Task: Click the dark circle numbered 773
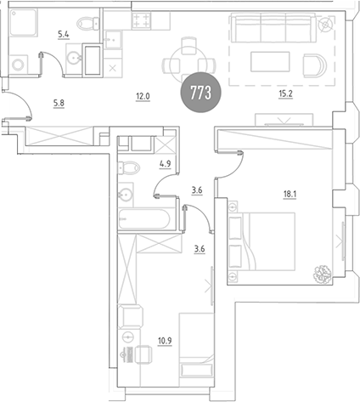[201, 92]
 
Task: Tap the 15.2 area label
[285, 93]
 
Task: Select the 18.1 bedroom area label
[290, 195]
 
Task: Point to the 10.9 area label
[165, 341]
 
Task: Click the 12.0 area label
[143, 97]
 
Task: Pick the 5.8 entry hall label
[59, 104]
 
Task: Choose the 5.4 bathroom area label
[64, 35]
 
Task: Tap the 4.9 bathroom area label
[166, 164]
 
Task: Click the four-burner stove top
[141, 20]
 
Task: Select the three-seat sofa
[273, 28]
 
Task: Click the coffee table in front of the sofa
[270, 61]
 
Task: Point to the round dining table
[189, 65]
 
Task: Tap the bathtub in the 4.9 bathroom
[144, 219]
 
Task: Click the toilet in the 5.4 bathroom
[88, 23]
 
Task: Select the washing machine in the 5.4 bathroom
[19, 65]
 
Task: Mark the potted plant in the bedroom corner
[322, 274]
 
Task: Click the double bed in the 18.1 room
[262, 241]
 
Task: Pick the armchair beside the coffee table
[315, 65]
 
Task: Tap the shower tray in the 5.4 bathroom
[24, 22]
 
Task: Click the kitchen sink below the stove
[113, 40]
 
